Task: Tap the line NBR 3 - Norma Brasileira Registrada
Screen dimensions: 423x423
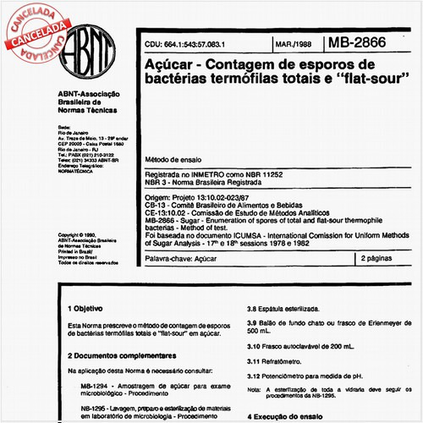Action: click(201, 183)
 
